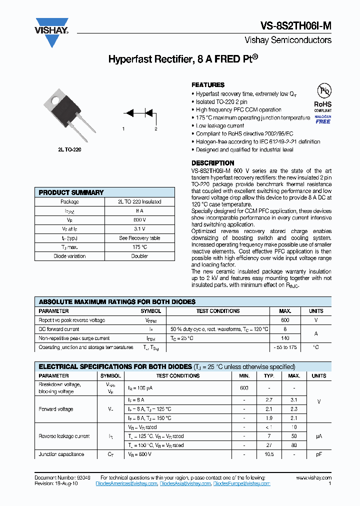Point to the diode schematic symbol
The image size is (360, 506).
(139, 113)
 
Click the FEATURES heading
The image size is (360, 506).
(208, 85)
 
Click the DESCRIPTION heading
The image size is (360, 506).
(212, 163)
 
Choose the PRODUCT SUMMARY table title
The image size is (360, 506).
(71, 192)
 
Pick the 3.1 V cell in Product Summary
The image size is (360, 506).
(139, 229)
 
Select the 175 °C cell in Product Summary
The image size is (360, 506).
(139, 247)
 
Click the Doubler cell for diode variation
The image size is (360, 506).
(139, 256)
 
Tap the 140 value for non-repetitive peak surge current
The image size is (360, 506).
(285, 338)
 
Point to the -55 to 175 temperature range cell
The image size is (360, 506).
(285, 347)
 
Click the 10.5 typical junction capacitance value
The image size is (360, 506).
(269, 454)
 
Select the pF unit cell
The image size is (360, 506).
(319, 454)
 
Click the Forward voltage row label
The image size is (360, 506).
(56, 409)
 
